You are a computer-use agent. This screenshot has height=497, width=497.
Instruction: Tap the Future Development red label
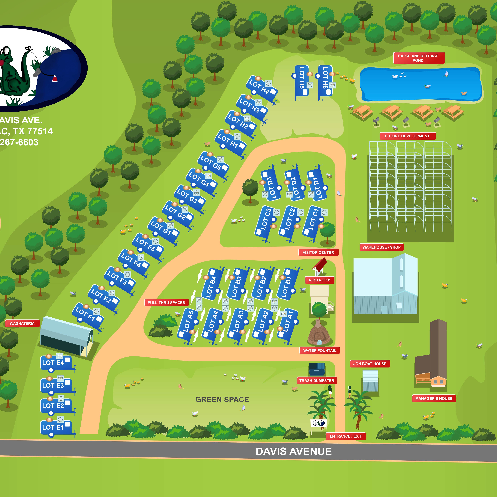click(407, 136)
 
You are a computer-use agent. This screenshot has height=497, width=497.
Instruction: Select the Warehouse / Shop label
click(382, 247)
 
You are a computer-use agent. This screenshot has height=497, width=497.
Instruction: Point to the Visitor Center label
click(318, 253)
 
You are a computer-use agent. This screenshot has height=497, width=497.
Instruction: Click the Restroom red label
click(320, 280)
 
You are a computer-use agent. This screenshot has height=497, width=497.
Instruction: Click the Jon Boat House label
click(370, 364)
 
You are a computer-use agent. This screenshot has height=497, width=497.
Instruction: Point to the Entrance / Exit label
click(346, 436)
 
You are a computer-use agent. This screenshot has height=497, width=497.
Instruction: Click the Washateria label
click(22, 323)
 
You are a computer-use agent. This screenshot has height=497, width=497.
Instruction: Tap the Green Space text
click(222, 400)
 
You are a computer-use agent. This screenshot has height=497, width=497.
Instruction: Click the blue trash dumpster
click(317, 369)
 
